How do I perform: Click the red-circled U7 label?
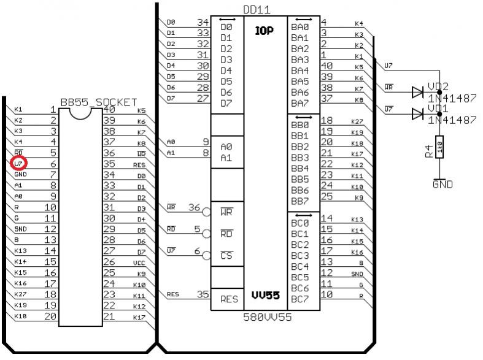[18, 164]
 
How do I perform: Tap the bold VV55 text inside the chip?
[265, 296]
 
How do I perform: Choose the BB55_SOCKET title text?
[98, 102]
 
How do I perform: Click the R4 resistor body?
[439, 148]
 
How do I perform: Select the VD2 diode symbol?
[419, 92]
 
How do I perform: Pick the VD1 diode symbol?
[419, 113]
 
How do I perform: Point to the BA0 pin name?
[299, 28]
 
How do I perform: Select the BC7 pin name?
[299, 299]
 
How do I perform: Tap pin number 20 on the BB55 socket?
[50, 316]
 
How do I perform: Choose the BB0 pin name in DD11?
[299, 124]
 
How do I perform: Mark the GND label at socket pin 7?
[20, 175]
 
